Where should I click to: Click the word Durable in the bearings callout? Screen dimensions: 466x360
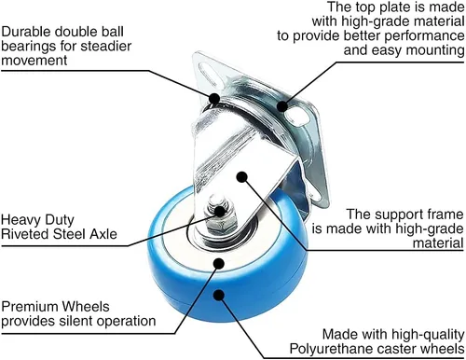(x=26, y=32)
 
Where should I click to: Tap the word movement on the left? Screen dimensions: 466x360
(x=34, y=61)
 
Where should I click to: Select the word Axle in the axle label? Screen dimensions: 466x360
(x=103, y=234)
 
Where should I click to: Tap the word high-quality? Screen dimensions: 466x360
(x=428, y=335)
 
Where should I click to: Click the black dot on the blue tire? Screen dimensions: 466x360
(x=219, y=295)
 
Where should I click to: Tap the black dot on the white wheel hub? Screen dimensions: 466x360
(x=219, y=263)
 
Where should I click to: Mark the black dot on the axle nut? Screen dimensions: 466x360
(x=220, y=212)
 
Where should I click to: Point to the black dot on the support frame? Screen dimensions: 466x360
(x=241, y=177)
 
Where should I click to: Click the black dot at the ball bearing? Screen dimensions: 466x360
(x=214, y=98)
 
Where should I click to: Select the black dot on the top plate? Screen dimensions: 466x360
(x=281, y=106)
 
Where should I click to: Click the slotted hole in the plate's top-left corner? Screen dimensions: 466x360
(x=208, y=73)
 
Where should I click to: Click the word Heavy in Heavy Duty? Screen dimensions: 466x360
(x=21, y=220)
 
